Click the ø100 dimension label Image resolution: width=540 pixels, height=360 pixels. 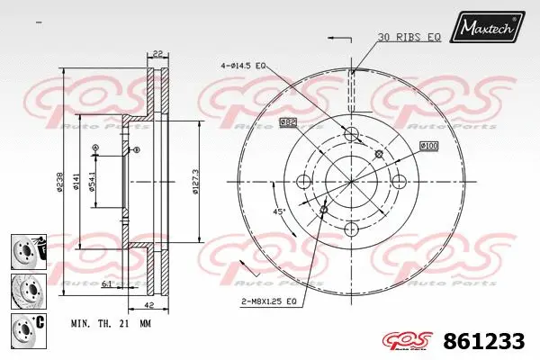pos(429,145)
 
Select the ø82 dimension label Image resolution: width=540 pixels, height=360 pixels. pos(288,121)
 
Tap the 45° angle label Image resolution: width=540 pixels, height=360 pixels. pos(280,211)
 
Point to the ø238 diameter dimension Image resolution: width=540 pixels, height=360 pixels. pos(60,180)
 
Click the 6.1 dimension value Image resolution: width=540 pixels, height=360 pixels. pos(107,283)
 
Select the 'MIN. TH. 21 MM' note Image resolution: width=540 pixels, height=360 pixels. pos(111,321)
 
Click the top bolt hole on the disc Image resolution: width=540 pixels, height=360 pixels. pos(352,135)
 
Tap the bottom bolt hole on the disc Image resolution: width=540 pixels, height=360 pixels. pos(352,231)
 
